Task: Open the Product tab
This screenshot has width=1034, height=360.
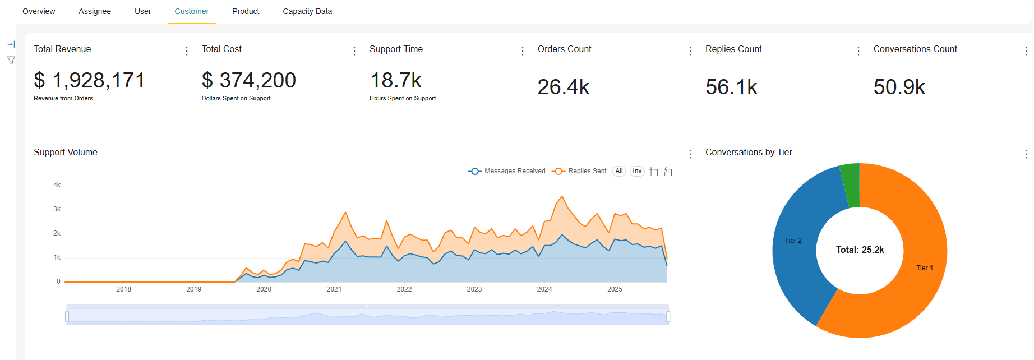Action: point(246,11)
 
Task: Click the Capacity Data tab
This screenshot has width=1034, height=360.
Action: point(307,11)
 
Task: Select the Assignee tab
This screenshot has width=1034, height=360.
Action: point(95,11)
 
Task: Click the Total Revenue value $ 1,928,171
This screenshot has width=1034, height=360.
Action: point(89,81)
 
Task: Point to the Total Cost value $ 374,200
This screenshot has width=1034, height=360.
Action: point(248,81)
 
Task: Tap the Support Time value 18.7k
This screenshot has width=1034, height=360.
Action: point(395,81)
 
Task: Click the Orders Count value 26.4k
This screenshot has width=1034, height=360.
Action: point(563,87)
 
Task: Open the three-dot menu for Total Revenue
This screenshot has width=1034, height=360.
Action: point(187,51)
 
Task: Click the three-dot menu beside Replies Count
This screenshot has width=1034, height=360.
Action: point(858,51)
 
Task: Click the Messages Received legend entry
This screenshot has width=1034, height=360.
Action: point(507,171)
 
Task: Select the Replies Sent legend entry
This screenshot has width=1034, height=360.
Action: point(579,171)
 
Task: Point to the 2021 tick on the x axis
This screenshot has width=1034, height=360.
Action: point(334,289)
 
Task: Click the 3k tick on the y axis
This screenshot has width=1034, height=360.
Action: point(57,209)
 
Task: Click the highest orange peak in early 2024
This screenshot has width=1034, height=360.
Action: point(562,197)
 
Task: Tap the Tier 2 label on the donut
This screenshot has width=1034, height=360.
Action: point(793,241)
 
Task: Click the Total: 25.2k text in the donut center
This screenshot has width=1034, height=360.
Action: point(860,250)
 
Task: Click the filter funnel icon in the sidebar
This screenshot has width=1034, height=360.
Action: point(11,60)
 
